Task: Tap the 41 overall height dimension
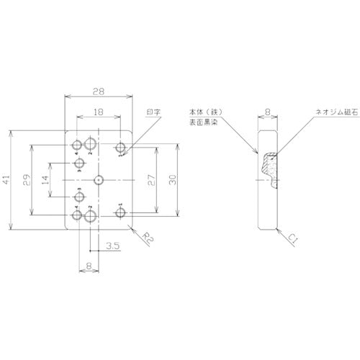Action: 7,181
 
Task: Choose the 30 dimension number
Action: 171,181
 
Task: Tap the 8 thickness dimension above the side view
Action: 268,112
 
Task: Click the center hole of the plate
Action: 99,179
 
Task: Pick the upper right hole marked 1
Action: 121,149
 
